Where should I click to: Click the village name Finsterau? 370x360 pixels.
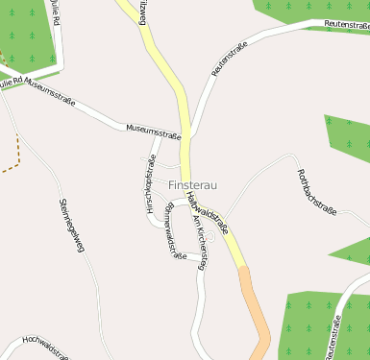pos(193,182)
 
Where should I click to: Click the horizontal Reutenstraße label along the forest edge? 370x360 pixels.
pos(346,24)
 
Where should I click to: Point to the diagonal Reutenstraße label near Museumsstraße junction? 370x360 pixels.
pos(229,59)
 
